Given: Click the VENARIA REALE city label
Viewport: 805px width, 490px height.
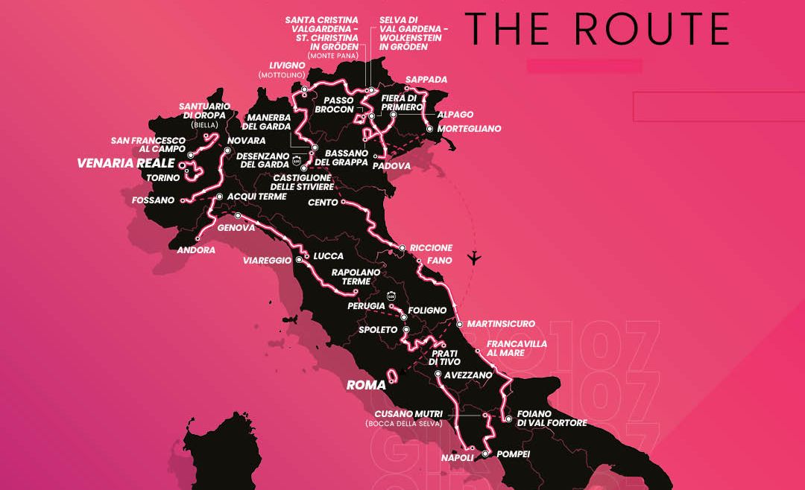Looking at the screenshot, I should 125,164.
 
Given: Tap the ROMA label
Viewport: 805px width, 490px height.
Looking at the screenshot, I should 366,386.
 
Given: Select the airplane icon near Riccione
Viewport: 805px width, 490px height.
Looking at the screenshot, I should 473,258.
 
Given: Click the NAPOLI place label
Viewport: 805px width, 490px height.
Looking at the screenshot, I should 457,457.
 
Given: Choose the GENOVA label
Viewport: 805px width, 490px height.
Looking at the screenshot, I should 236,228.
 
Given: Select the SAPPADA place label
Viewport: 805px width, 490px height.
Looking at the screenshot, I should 426,80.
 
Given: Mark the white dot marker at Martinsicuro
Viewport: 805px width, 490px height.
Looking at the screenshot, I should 460,324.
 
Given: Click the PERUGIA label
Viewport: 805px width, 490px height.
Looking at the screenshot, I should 365,306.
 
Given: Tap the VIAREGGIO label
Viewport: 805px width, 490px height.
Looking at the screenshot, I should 268,261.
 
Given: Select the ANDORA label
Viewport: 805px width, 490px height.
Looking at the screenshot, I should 196,250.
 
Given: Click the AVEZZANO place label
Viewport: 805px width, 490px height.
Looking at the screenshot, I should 468,375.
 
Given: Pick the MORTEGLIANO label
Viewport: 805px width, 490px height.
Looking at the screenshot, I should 469,129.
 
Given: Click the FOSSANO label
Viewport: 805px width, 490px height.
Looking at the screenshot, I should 152,200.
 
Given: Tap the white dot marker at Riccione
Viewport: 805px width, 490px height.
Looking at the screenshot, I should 402,248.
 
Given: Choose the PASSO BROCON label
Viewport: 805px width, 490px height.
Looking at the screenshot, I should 334,104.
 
